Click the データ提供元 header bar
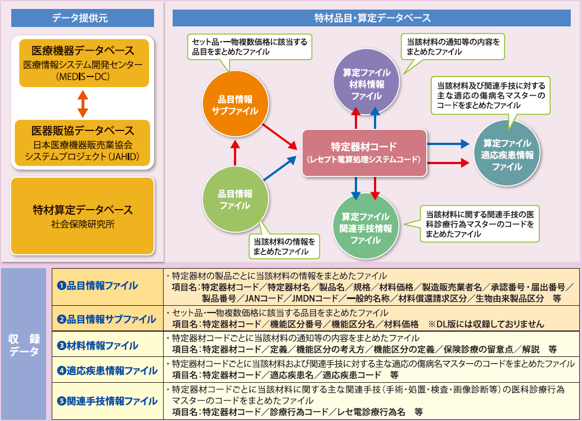click(83, 17)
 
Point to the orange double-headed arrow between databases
click(83, 103)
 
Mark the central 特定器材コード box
click(364, 152)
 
